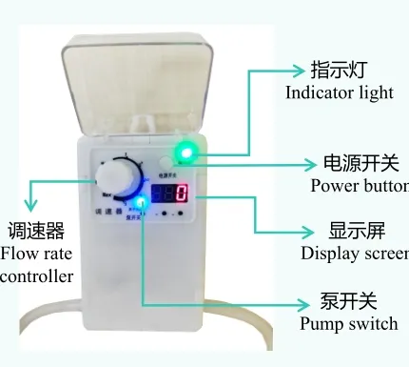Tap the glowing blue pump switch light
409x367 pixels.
coord(142,201)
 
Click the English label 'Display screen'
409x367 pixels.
coord(355,253)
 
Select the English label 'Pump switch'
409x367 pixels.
coord(348,323)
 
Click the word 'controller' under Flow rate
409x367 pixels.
coord(36,276)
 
